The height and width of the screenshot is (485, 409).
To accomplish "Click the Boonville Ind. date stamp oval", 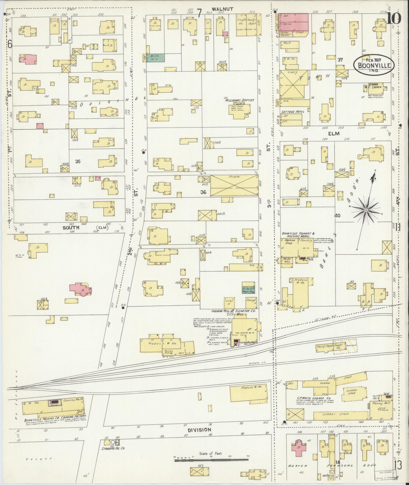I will [374, 65].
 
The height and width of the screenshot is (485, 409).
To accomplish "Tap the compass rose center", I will [366, 210].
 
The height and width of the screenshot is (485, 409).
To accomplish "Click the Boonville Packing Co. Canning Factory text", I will [56, 418].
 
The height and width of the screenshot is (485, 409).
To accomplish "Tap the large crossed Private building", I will [234, 185].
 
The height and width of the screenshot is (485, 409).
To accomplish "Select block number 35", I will [78, 161].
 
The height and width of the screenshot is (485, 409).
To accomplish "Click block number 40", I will [337, 216].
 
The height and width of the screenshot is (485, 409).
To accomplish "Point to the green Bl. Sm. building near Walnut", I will [155, 58].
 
